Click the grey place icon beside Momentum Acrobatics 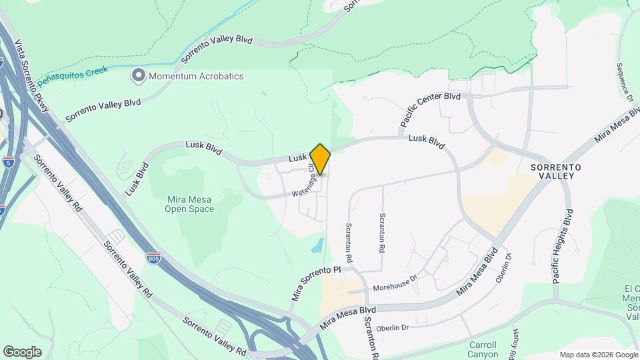click(139, 76)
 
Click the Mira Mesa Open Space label click(190, 204)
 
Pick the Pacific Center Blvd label click(430, 109)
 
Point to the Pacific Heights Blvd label click(564, 246)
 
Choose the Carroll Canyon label click(482, 350)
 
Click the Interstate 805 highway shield click(153, 258)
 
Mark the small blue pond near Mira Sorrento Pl click(318, 245)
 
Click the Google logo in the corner click(22, 352)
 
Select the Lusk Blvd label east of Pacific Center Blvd click(426, 141)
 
